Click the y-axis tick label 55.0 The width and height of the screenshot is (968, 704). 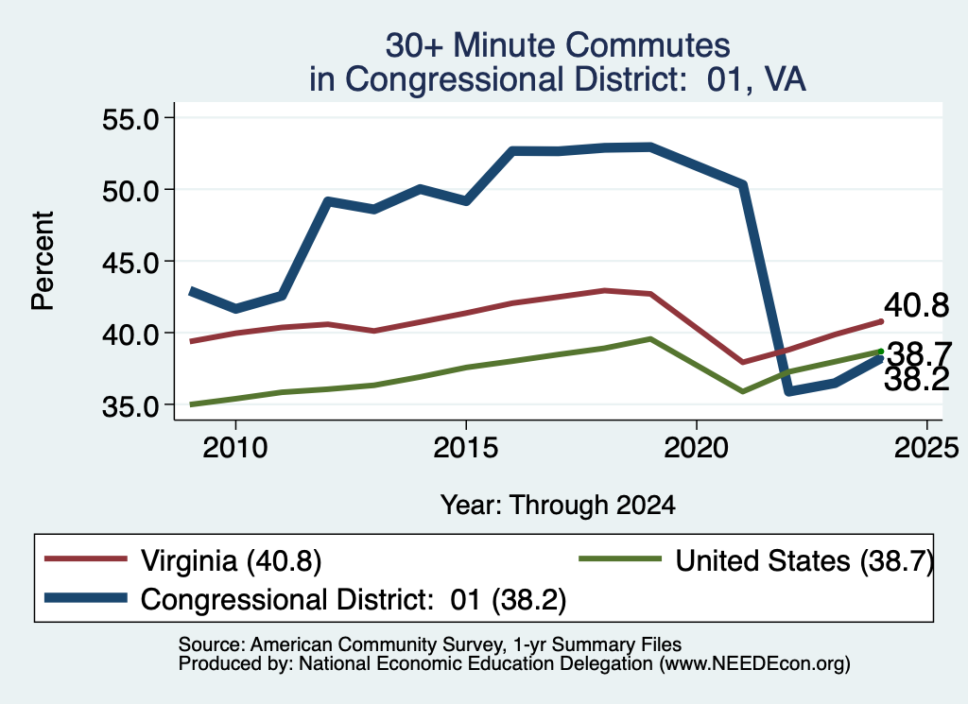130,118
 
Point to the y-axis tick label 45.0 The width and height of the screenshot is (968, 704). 130,262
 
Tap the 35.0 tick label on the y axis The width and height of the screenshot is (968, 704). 130,406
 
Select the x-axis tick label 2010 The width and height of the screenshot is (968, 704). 235,447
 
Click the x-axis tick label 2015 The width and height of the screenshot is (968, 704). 465,447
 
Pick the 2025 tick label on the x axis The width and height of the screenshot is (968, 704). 926,447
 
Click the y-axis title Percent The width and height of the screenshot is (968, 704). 43,261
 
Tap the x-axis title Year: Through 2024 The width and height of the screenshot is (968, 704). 558,505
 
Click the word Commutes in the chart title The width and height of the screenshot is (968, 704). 648,45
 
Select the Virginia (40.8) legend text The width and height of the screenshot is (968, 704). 231,561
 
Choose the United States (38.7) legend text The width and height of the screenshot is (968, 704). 804,561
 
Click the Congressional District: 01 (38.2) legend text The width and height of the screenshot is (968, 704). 354,599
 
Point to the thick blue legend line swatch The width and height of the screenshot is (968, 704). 86,598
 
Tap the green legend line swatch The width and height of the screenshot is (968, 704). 620,559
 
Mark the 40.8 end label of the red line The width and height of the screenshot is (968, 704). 916,305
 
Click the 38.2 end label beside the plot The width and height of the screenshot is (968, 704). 916,380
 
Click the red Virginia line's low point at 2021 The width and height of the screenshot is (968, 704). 742,362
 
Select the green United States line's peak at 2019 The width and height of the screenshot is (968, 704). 650,338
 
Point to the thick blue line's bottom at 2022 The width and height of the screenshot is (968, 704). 788,391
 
